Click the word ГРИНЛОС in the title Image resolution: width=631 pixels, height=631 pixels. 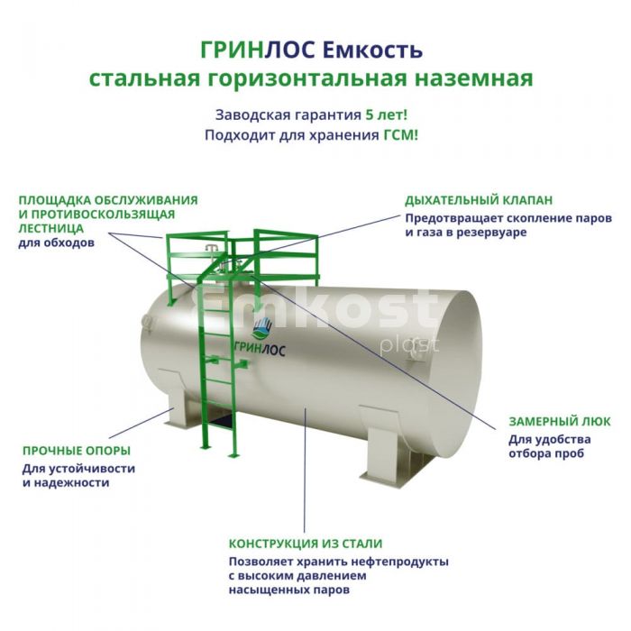point(258,50)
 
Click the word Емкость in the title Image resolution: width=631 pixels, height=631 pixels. point(373,50)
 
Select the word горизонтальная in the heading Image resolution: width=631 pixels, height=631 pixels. point(308,79)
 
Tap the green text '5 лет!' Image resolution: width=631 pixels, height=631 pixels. point(387,114)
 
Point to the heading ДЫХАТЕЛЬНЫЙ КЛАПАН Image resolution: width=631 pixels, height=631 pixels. point(479,200)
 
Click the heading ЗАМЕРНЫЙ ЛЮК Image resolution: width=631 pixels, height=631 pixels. point(560,421)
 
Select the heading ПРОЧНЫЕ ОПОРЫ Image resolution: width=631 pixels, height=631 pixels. point(77,451)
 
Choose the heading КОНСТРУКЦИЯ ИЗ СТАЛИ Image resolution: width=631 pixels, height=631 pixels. point(306,544)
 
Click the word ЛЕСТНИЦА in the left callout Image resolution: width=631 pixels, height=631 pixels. point(50,228)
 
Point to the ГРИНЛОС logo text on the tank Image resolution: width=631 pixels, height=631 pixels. point(260,349)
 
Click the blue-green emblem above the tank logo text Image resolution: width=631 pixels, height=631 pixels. point(262,327)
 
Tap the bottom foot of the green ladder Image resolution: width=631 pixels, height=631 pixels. point(233,455)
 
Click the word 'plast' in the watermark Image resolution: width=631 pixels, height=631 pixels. point(409,345)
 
